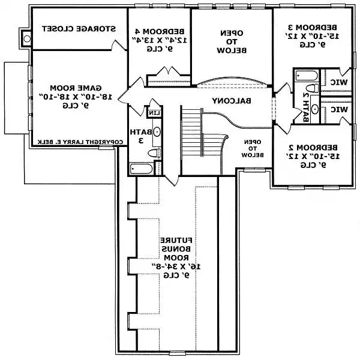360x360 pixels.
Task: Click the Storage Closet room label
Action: click(x=77, y=29)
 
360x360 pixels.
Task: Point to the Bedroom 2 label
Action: click(x=312, y=155)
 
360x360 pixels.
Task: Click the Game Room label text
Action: click(x=76, y=95)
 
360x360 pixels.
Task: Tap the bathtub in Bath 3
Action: click(x=142, y=169)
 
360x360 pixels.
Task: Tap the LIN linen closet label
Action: click(x=153, y=112)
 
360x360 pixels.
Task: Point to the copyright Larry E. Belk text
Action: click(x=78, y=142)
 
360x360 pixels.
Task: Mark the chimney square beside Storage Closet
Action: click(x=26, y=38)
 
